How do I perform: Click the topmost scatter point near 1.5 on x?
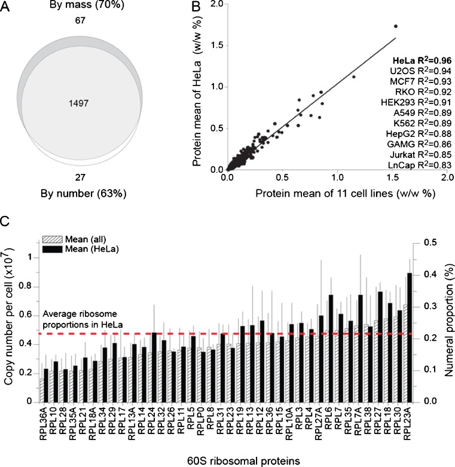pyautogui.click(x=395, y=26)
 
